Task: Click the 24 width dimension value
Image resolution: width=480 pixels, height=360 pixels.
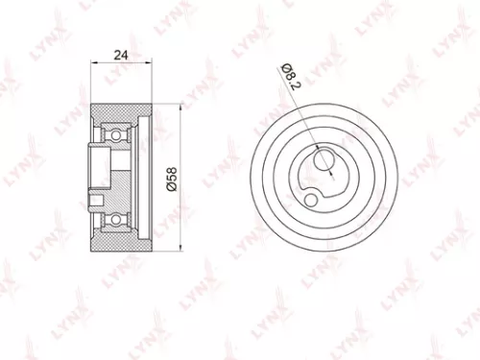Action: [x=120, y=55]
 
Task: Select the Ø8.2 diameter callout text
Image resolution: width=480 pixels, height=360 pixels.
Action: [x=288, y=72]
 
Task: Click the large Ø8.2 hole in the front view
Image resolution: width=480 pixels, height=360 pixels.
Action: [x=325, y=156]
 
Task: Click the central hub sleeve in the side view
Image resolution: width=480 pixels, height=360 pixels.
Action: [x=103, y=168]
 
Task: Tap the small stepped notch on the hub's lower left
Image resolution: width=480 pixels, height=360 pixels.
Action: [x=94, y=200]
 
